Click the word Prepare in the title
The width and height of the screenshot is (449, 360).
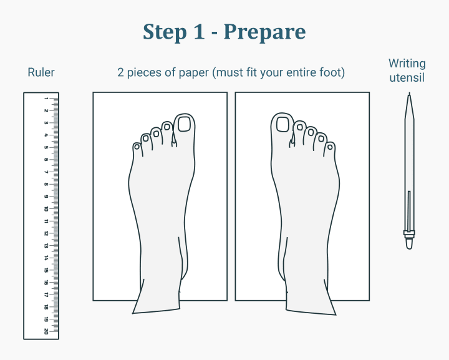coord(264,32)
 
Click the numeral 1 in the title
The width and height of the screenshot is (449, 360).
coord(199,31)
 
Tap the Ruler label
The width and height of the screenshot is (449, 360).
coord(41,72)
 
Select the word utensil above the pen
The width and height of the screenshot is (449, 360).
coord(407,77)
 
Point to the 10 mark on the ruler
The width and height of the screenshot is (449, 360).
coord(46,209)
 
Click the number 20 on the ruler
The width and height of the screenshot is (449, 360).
coord(46,331)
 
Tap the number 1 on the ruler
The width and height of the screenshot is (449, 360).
coord(46,99)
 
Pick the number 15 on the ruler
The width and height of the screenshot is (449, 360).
coord(46,270)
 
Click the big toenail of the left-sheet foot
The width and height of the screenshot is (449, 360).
coord(184,124)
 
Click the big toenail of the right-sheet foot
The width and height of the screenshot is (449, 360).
coord(282,125)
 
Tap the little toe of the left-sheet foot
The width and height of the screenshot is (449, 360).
coord(137,149)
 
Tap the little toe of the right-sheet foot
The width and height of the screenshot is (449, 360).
coord(329,149)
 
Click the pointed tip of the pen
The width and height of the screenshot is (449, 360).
coord(410,93)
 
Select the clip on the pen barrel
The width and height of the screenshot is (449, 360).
coord(409,211)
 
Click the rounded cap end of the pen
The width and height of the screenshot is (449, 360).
coord(410,245)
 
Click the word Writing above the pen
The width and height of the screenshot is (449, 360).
coord(407,64)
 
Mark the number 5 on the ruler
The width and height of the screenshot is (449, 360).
coord(46,147)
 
